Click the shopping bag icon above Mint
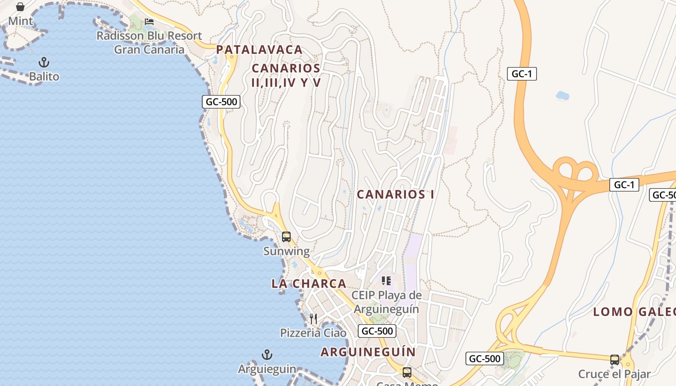tap(20, 7)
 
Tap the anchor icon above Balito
tap(44, 62)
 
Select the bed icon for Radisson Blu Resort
tap(149, 22)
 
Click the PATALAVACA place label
tap(259, 50)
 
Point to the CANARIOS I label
tap(395, 194)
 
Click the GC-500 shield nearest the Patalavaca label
tap(221, 102)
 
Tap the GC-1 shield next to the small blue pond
tap(522, 74)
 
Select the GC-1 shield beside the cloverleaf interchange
tap(624, 185)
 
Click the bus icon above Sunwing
tap(286, 237)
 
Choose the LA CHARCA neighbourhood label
tap(309, 284)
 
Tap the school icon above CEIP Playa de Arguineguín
tap(386, 280)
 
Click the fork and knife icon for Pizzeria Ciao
tap(313, 318)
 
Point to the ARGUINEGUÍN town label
tap(368, 352)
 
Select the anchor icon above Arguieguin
tap(267, 355)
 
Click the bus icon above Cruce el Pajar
tap(614, 359)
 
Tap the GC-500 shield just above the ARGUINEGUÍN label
tap(377, 331)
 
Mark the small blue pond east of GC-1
tap(563, 96)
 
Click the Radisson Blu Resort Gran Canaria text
tap(149, 42)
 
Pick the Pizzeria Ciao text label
tap(313, 333)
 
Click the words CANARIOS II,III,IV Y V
tap(286, 75)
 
